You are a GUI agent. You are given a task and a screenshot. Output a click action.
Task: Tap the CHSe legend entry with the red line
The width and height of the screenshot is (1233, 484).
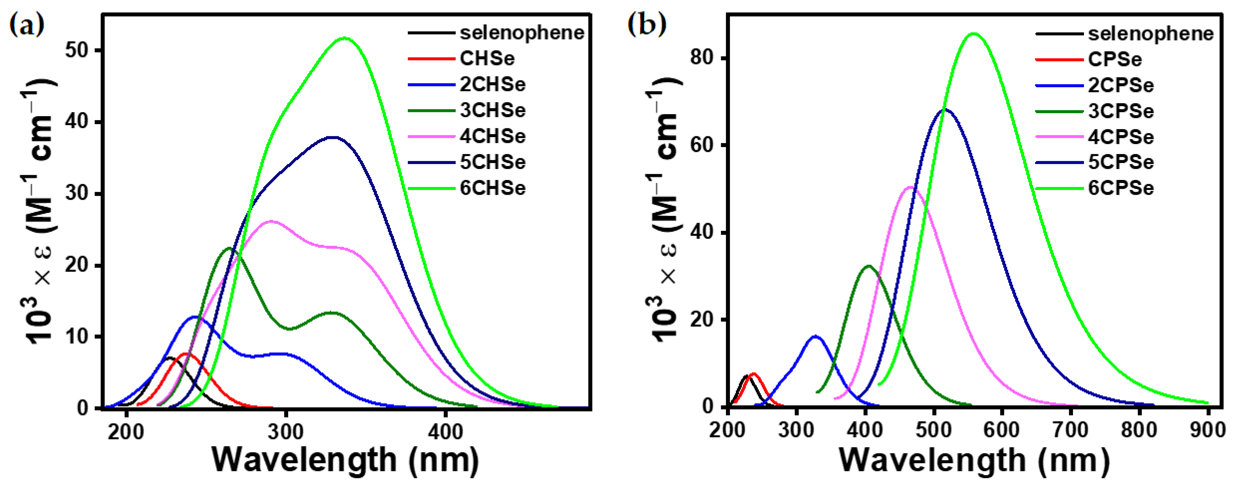coord(487,59)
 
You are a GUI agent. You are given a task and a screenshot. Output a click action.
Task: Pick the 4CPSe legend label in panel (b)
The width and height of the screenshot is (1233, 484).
coord(1120,137)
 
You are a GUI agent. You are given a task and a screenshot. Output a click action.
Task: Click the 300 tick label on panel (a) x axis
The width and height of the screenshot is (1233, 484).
coord(286,432)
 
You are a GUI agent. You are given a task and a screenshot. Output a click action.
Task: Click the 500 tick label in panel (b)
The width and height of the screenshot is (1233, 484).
coord(933,430)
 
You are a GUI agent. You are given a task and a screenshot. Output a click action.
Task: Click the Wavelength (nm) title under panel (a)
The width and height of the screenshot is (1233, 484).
coord(346,460)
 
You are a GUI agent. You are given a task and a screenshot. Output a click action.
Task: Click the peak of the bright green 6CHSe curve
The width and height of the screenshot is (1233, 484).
coord(345,38)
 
